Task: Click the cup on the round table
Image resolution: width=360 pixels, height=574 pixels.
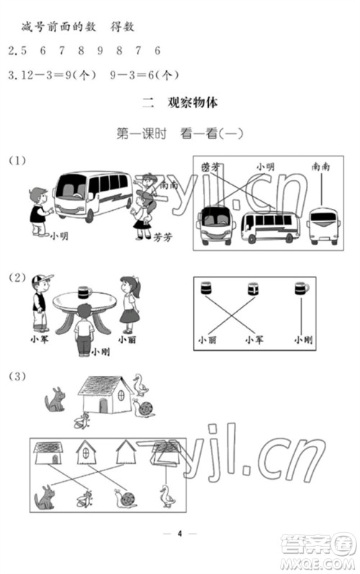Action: [84, 291]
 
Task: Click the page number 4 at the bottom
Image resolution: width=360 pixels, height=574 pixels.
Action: [181, 534]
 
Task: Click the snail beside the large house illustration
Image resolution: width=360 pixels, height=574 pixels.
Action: [145, 408]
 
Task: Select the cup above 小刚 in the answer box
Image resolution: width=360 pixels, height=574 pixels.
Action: [301, 288]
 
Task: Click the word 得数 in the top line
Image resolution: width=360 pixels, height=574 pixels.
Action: [123, 27]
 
